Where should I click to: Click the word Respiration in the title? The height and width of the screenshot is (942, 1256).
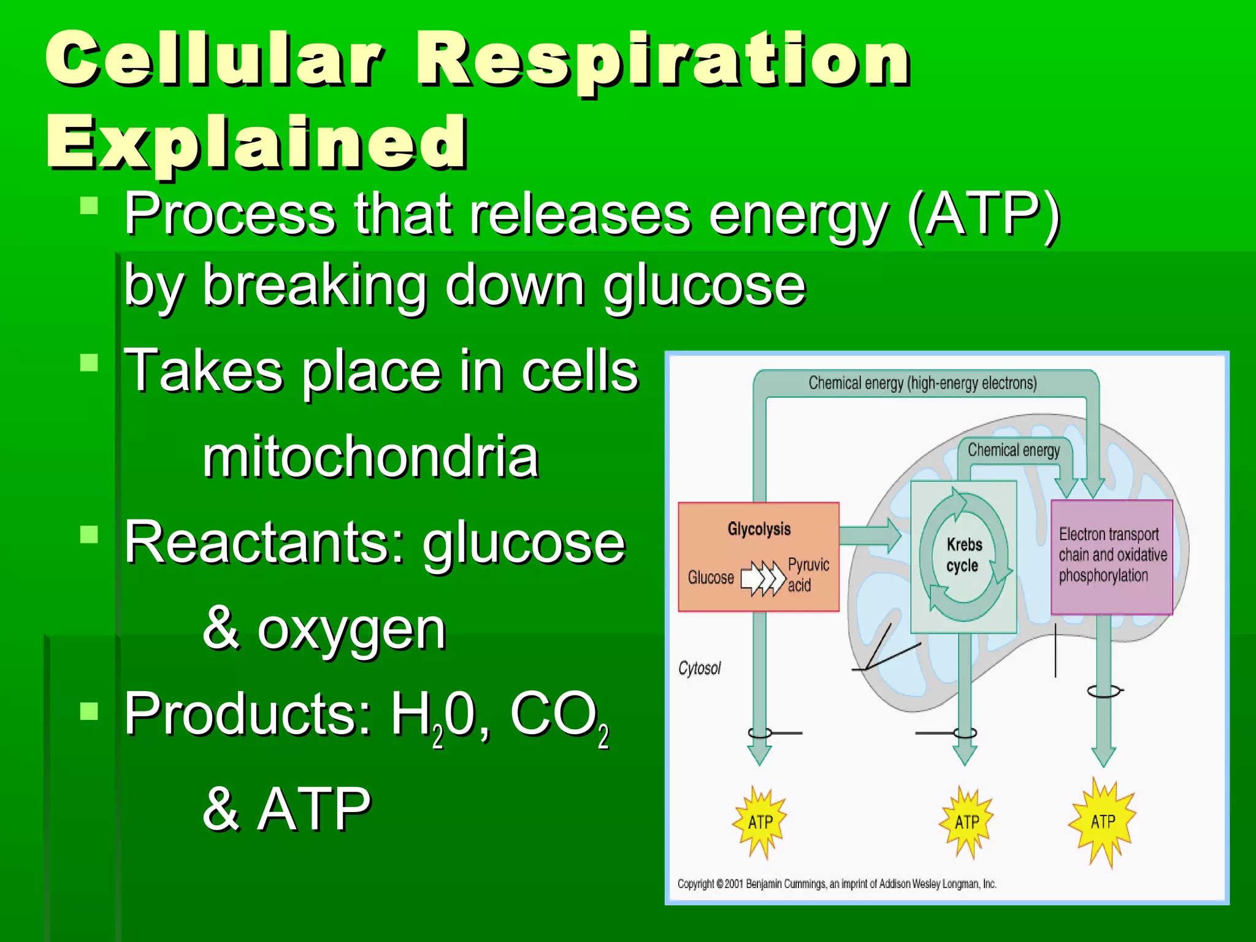tap(662, 61)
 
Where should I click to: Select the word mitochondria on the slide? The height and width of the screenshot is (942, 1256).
tap(370, 457)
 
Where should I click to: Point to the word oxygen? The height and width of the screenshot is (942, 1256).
tap(351, 630)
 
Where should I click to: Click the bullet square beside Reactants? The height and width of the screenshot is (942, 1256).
tap(89, 535)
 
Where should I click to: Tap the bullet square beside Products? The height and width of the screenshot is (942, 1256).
tap(89, 711)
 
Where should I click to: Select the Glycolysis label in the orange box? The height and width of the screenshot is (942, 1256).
tap(759, 529)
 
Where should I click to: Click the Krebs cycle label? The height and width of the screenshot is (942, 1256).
tap(963, 554)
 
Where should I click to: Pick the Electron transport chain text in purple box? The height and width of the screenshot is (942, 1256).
tap(1112, 554)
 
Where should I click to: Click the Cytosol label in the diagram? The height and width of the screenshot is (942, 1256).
tap(699, 668)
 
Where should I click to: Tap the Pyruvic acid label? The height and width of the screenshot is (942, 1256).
tap(808, 575)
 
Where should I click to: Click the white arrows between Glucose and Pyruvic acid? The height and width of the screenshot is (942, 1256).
tap(762, 578)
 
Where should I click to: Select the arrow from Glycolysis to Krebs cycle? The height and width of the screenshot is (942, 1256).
tap(870, 534)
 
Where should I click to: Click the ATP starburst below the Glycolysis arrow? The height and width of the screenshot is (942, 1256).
tap(760, 822)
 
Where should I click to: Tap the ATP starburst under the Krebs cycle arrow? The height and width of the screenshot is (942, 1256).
tap(967, 822)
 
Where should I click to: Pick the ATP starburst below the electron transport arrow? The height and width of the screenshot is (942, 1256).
tap(1103, 822)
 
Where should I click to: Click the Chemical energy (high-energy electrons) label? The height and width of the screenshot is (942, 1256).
tap(922, 383)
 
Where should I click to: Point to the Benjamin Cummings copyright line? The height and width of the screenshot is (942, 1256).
tap(837, 884)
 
